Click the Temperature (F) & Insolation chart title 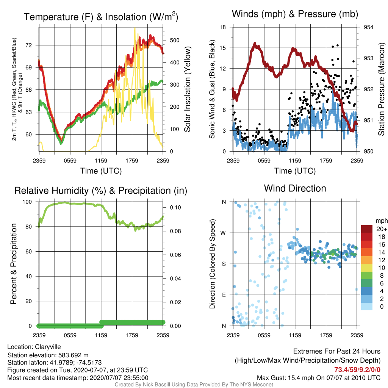101,17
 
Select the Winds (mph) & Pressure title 295,14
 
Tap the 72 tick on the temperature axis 29,45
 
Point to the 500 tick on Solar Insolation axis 175,40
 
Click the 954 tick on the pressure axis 368,27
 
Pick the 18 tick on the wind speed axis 223,27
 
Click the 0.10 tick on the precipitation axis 175,207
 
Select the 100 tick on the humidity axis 27,202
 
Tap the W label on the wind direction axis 223,233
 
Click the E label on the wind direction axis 224,295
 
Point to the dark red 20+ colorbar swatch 367,229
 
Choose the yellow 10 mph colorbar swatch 367,268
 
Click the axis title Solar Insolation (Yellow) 187,89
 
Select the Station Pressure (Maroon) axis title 381,89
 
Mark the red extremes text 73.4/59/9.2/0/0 357,369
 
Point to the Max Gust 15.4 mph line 318,378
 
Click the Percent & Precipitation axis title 13,264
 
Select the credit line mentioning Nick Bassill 194,385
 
